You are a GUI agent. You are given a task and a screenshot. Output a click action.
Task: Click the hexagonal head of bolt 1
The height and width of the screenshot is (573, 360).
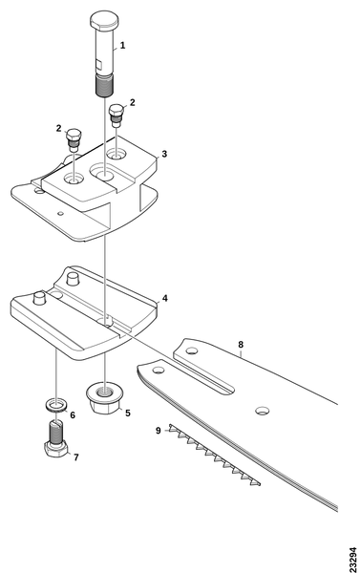(x=104, y=21)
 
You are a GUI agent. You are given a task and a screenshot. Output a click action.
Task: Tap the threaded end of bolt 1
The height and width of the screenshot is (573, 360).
(x=104, y=86)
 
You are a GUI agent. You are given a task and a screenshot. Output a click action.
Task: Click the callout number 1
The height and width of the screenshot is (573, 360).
(x=123, y=46)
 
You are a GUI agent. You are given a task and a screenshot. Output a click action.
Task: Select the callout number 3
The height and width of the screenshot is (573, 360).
(x=164, y=154)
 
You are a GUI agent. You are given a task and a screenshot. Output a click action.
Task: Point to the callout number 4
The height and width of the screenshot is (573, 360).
(x=165, y=299)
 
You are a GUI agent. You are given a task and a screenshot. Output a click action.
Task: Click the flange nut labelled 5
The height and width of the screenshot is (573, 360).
(x=104, y=398)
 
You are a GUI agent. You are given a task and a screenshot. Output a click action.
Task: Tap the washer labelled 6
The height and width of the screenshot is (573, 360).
(x=55, y=405)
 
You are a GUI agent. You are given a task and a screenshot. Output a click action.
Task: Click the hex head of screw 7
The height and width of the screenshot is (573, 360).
(x=55, y=449)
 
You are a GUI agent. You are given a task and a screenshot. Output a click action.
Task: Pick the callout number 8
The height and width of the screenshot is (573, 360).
(x=241, y=345)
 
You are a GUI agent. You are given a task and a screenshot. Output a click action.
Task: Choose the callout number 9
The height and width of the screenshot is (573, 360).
(x=158, y=431)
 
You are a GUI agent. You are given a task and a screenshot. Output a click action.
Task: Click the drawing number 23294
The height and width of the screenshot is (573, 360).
(x=352, y=559)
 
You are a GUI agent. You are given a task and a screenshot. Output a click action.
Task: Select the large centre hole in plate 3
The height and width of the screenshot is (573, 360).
(x=103, y=172)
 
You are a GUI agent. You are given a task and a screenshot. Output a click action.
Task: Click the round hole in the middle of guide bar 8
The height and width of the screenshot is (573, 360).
(x=263, y=411)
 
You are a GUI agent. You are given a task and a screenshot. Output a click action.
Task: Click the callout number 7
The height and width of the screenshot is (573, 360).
(x=76, y=457)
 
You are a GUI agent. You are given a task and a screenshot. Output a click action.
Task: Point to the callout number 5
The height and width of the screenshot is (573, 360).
(x=128, y=414)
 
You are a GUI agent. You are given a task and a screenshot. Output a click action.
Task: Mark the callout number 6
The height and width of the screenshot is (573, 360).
(x=73, y=415)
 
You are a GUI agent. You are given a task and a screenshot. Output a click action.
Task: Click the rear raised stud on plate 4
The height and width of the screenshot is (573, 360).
(x=73, y=279)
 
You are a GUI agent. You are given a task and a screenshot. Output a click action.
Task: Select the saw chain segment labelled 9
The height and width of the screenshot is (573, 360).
(x=215, y=455)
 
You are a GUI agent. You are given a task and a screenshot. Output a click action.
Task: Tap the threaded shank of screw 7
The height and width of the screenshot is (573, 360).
(x=55, y=433)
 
